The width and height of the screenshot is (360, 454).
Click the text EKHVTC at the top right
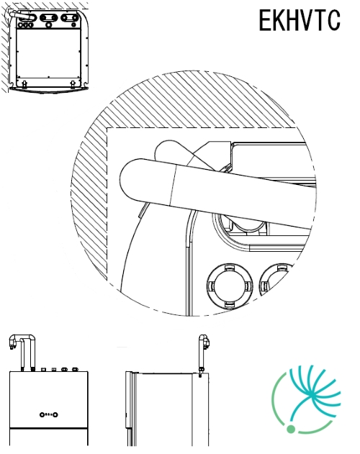point(300,20)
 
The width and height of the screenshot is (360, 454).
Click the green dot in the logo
point(291,429)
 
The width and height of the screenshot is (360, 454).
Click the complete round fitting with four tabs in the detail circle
point(230,286)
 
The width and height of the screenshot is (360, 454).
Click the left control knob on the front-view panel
point(42,414)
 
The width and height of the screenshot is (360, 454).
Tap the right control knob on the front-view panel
point(55,414)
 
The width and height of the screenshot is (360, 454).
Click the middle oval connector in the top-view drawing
point(49,18)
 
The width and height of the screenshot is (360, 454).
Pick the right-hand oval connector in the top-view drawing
point(70,18)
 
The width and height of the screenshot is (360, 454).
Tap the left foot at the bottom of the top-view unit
point(24,84)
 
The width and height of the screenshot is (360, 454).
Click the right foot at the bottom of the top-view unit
point(73,84)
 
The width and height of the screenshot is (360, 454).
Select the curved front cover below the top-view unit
point(48,90)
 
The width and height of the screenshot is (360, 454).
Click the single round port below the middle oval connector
point(49,25)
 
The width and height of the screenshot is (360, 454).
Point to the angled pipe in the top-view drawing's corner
point(19,14)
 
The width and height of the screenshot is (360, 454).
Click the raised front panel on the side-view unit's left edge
point(130,399)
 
